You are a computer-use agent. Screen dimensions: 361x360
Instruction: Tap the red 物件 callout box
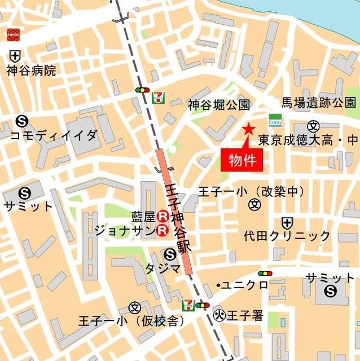tap(243, 160)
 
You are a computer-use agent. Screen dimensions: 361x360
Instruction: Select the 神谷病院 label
tap(32, 71)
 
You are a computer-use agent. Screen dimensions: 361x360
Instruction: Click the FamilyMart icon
tap(275, 121)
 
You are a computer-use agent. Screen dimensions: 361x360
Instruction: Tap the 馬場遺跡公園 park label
tap(319, 103)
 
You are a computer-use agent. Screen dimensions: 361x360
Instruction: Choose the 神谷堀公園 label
tap(219, 104)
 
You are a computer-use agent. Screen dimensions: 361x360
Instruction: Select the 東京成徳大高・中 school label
tap(308, 139)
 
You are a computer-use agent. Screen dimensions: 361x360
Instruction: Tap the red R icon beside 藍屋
tap(163, 215)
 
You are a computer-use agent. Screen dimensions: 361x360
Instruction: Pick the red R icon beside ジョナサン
tap(163, 230)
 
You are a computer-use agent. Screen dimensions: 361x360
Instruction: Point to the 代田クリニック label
tap(287, 235)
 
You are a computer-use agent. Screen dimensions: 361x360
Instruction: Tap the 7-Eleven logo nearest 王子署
tap(187, 306)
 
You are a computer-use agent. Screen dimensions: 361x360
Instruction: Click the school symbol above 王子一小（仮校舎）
tap(134, 307)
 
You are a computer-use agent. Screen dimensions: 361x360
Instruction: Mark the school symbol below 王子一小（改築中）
tap(254, 204)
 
